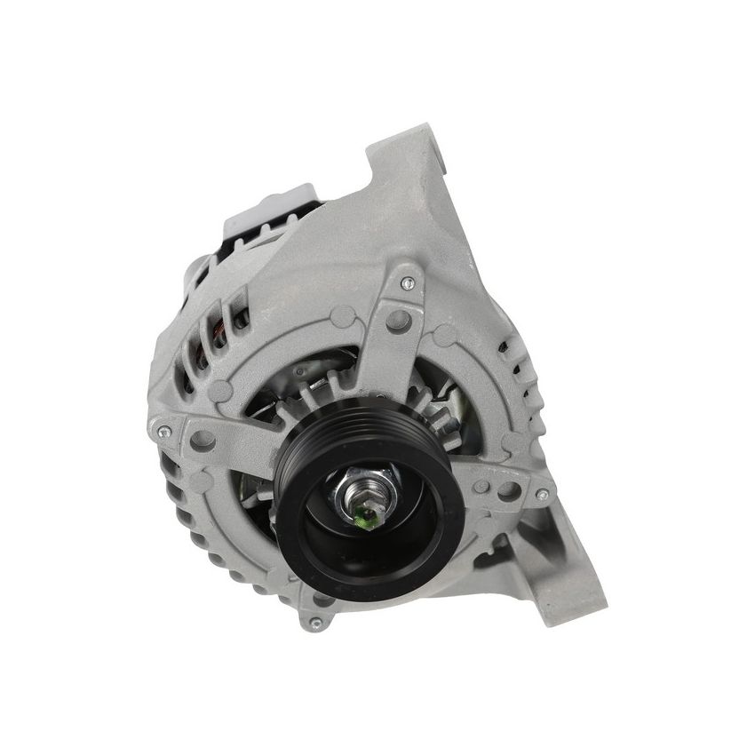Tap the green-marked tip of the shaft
[365, 512]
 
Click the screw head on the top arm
[408, 283]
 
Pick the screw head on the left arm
[163, 432]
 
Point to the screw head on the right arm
[541, 495]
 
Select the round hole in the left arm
[203, 439]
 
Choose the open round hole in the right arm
[509, 490]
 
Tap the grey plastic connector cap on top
[266, 210]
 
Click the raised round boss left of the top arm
[342, 316]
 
